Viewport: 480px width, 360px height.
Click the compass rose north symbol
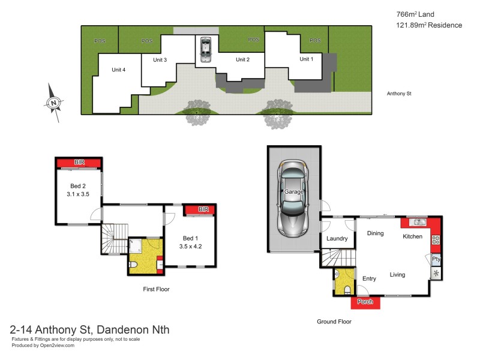pyautogui.click(x=54, y=104)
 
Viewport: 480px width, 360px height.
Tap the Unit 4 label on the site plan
pyautogui.click(x=119, y=70)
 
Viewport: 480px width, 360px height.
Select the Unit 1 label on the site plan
pyautogui.click(x=306, y=59)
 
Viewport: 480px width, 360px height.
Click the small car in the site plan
pyautogui.click(x=205, y=49)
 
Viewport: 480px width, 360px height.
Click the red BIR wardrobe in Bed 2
pyautogui.click(x=79, y=163)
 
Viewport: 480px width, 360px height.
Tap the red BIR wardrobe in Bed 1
pyautogui.click(x=203, y=209)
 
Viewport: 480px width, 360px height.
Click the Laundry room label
pyautogui.click(x=337, y=239)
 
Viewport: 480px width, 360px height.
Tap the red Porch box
pyautogui.click(x=365, y=302)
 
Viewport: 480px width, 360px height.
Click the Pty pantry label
pyautogui.click(x=436, y=260)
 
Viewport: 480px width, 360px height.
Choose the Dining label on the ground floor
pyautogui.click(x=376, y=233)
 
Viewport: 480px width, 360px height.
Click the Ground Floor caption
pyautogui.click(x=334, y=322)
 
